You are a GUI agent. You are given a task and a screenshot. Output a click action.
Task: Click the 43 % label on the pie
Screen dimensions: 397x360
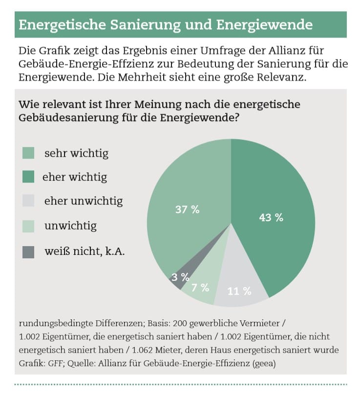click(271, 218)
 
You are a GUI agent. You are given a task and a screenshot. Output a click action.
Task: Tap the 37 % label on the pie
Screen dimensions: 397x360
click(187, 209)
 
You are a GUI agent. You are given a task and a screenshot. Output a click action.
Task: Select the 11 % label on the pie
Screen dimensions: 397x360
click(239, 292)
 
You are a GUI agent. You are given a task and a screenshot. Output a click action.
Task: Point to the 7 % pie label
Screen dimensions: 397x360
click(200, 287)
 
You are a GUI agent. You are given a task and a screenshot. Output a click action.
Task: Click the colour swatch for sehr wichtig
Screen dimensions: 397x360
click(28, 153)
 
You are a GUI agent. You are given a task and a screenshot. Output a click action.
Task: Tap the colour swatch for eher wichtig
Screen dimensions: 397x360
click(28, 177)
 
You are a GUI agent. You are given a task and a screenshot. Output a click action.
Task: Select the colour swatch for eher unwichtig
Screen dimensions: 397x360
click(28, 201)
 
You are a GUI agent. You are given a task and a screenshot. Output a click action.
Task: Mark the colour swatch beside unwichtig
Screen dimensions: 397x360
click(28, 226)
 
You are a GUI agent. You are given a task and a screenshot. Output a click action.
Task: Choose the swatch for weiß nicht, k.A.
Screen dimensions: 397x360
click(28, 252)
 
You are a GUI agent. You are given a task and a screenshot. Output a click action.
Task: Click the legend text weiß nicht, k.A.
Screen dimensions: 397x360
click(85, 252)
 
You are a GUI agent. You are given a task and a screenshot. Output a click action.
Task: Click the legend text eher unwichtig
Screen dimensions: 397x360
click(83, 201)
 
